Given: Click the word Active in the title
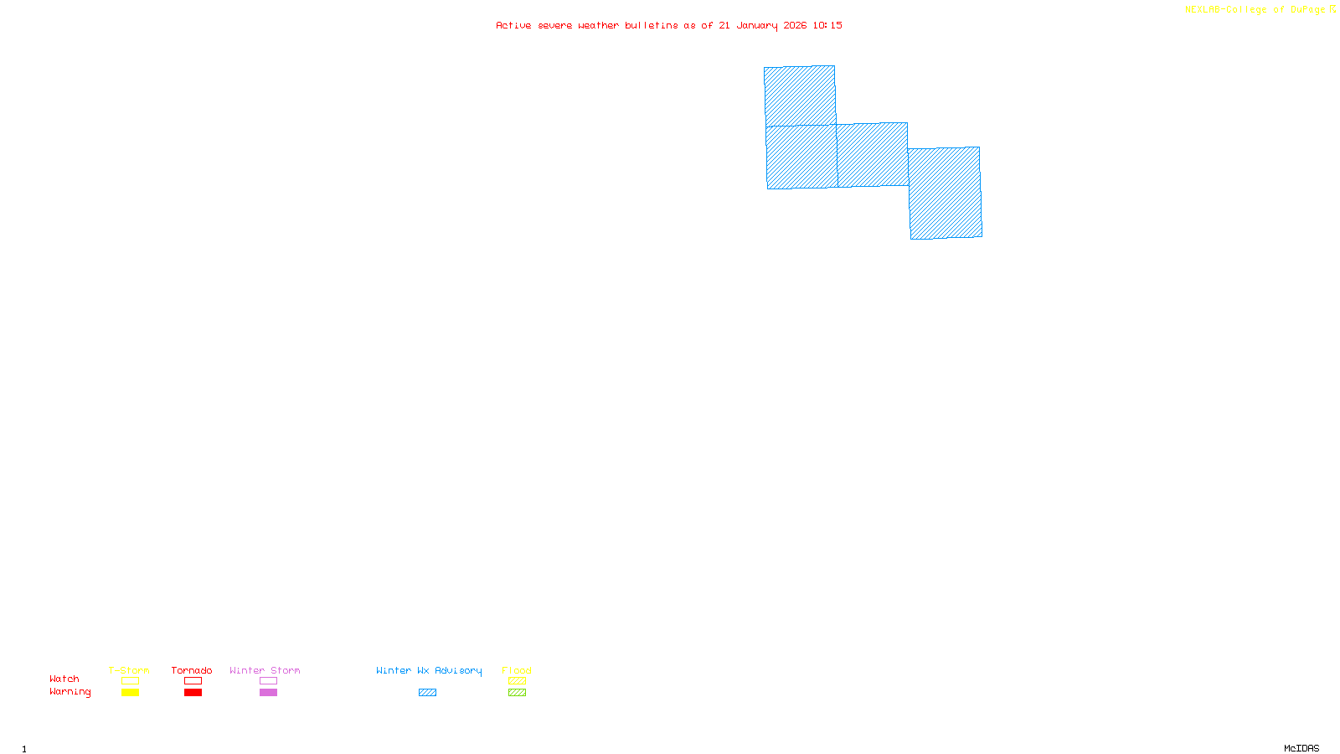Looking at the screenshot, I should tap(513, 25).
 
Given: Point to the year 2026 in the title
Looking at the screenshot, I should tap(795, 25).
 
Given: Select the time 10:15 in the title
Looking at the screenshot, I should tap(827, 25).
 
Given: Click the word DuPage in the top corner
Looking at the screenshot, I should tap(1307, 10).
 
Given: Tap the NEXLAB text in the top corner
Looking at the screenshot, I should tap(1202, 10).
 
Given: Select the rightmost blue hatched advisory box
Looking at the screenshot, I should tap(946, 193).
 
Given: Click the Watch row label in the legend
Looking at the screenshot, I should tap(64, 679).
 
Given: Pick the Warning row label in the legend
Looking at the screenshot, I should tap(70, 692).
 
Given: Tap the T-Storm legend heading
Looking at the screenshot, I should tap(129, 670).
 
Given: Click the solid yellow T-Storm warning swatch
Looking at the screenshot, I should tap(130, 693).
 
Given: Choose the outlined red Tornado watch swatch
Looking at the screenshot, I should tap(193, 681).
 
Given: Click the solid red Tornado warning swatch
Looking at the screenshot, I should tap(193, 693).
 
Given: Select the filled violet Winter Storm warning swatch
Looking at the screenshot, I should tap(268, 693).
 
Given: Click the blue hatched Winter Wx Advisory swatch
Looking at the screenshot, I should tap(427, 693).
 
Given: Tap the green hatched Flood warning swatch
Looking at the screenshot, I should tap(517, 693).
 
